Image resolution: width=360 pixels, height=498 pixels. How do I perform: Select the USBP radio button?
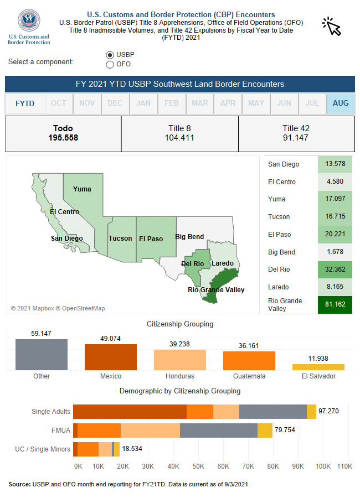tap(110, 55)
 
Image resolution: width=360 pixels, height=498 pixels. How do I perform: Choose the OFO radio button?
tap(110, 64)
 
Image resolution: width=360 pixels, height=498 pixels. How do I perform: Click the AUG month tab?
tap(341, 103)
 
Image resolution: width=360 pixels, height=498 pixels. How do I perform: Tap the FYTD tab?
tap(25, 103)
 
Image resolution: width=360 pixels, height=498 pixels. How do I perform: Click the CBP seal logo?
tap(29, 20)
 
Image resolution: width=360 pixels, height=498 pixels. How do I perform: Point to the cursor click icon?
tap(331, 25)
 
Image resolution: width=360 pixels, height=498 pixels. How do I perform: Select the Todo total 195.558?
tap(63, 137)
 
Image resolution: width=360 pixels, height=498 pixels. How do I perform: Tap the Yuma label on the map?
tap(82, 189)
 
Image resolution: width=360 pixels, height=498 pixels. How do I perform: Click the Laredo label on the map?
tap(223, 263)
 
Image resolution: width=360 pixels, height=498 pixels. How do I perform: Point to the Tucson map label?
tap(120, 238)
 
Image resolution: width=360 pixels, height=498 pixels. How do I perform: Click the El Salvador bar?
tap(318, 367)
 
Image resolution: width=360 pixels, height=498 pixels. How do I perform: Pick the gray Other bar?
tap(42, 355)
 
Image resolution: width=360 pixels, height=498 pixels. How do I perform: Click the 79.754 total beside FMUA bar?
tap(285, 430)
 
